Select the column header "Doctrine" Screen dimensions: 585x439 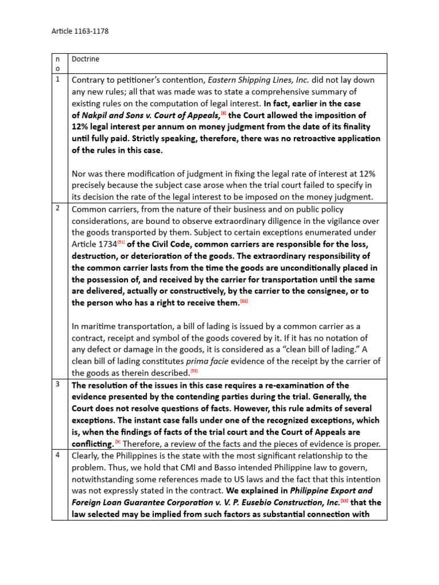click(85, 59)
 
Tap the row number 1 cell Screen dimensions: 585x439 click(59, 79)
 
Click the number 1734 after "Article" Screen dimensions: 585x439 click(109, 256)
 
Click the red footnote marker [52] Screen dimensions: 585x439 click(243, 300)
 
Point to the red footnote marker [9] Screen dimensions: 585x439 click(118, 442)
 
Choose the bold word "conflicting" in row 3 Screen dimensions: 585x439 click(92, 444)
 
